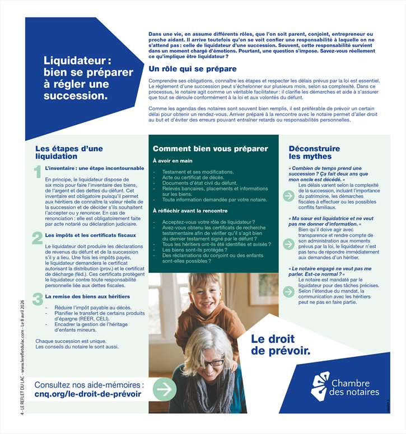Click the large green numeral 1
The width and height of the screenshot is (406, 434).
pos(37,171)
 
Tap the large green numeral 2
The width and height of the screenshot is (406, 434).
pos(38,238)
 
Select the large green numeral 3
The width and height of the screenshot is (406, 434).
pos(38,299)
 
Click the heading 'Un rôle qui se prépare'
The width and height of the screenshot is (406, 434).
pos(192,69)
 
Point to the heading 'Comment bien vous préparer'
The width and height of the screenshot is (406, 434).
pos(211,149)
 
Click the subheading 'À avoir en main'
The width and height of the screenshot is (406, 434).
pos(172,161)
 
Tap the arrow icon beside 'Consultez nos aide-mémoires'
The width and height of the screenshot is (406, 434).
pos(165,388)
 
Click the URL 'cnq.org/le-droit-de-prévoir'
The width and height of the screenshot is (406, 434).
pos(88,394)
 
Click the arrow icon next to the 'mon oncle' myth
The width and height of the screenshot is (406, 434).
pos(288,196)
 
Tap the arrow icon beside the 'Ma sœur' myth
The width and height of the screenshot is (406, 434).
pos(288,244)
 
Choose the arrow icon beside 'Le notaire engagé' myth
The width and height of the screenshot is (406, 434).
pos(288,291)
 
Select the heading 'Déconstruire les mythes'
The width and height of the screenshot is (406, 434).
pos(314,153)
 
